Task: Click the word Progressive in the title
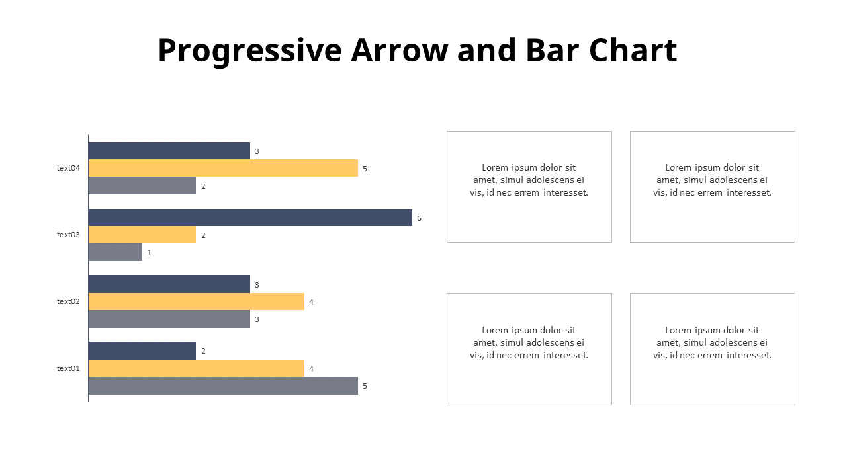pyautogui.click(x=249, y=51)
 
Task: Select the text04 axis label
pyautogui.click(x=68, y=168)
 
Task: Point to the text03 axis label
pyautogui.click(x=68, y=235)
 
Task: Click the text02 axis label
pyautogui.click(x=68, y=301)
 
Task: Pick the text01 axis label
pyautogui.click(x=68, y=368)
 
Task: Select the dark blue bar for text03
pyautogui.click(x=250, y=218)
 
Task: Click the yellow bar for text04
pyautogui.click(x=223, y=168)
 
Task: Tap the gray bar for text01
pyautogui.click(x=223, y=385)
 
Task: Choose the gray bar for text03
pyautogui.click(x=115, y=252)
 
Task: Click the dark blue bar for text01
pyautogui.click(x=142, y=351)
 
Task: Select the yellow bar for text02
pyautogui.click(x=196, y=301)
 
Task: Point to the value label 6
pyautogui.click(x=419, y=218)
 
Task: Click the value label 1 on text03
pyautogui.click(x=150, y=253)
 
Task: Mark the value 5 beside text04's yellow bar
pyautogui.click(x=365, y=169)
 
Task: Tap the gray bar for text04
pyautogui.click(x=142, y=186)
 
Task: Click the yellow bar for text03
pyautogui.click(x=142, y=235)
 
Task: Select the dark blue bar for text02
pyautogui.click(x=169, y=284)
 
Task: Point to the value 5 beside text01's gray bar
pyautogui.click(x=365, y=386)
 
